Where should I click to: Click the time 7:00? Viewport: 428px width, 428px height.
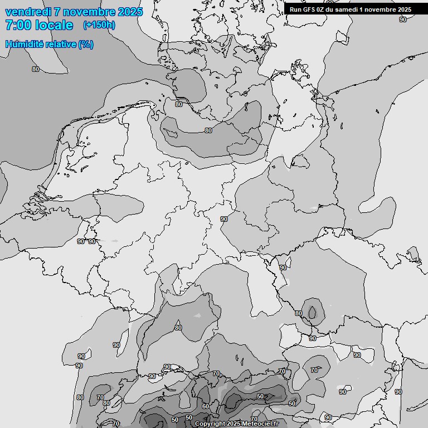click(18, 25)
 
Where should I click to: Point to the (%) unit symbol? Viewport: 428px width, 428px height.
click(86, 44)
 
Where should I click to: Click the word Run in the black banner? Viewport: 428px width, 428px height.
click(295, 9)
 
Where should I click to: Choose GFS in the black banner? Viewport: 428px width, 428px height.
click(309, 9)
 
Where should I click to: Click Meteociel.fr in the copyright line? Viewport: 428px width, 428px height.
click(261, 424)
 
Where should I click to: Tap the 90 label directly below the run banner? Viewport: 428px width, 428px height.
click(403, 20)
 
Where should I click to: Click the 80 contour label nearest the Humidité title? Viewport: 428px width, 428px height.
click(36, 69)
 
